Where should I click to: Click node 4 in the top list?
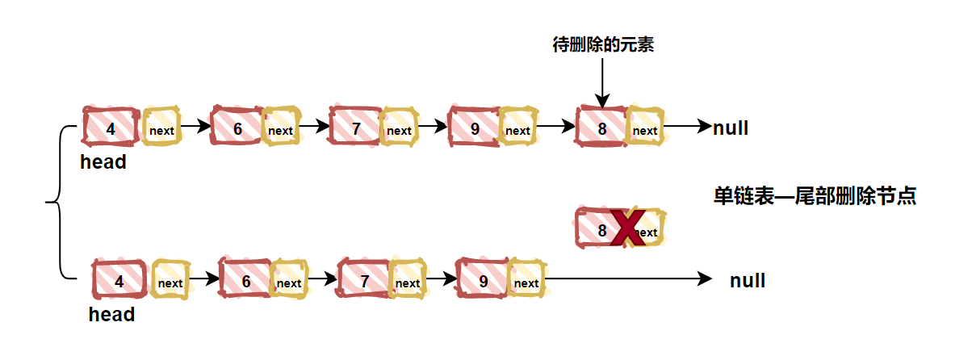[111, 128]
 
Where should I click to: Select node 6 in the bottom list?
[245, 281]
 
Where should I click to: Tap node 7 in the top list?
[356, 128]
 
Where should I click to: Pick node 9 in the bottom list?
[483, 280]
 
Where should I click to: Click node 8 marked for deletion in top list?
[601, 128]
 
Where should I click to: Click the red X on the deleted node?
[626, 228]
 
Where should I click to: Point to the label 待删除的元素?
[602, 45]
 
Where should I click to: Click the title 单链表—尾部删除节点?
[815, 196]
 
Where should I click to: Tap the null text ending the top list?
[731, 127]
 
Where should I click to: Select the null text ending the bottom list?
[748, 281]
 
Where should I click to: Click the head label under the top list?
[103, 162]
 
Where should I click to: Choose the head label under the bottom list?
[111, 315]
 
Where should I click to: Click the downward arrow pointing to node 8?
[602, 81]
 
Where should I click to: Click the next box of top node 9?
[517, 129]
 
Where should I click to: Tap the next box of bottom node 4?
[170, 282]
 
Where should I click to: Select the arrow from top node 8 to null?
[686, 127]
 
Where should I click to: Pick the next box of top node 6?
[280, 129]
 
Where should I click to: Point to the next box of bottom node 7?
[407, 282]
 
